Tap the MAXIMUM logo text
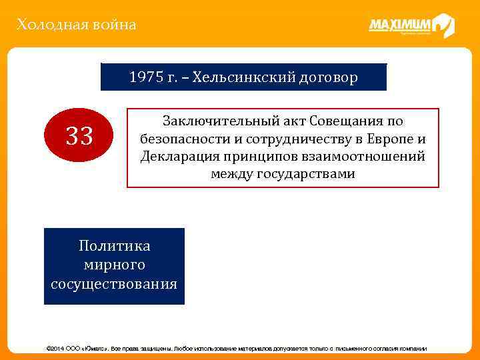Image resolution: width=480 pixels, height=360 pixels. pyautogui.click(x=399, y=25)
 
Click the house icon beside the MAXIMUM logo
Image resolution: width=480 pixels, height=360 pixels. pyautogui.click(x=443, y=26)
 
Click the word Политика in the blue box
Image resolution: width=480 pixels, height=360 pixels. pyautogui.click(x=114, y=246)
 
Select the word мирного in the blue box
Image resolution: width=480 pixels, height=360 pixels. pyautogui.click(x=114, y=265)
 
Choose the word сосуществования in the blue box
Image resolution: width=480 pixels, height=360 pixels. pyautogui.click(x=114, y=284)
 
